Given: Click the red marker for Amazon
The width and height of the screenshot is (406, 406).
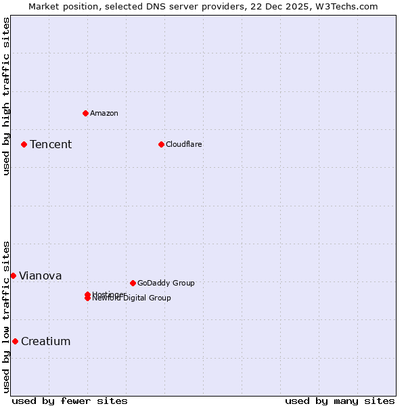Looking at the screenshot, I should (85, 113).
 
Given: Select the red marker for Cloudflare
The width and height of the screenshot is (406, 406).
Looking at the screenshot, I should (161, 144).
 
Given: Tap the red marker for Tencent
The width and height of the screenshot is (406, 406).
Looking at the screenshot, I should (24, 144).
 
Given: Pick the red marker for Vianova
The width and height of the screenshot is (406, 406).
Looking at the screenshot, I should (13, 275).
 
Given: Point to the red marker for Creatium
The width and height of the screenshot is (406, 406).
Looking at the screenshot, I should (15, 341).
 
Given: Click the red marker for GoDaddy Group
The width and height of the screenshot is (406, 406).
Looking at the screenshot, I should (133, 283).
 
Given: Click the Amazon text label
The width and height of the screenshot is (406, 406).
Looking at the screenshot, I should (104, 113).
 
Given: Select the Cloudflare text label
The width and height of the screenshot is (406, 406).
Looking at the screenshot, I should (184, 144).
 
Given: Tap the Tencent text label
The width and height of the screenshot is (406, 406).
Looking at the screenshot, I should (51, 144).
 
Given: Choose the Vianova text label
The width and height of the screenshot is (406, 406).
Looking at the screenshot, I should (41, 275).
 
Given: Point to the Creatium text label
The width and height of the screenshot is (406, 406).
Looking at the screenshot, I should (46, 341).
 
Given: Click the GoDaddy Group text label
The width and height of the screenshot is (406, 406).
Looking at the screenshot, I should (166, 283).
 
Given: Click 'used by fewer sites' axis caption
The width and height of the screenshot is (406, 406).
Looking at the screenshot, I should (70, 401).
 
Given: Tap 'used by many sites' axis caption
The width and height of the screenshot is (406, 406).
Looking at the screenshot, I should (340, 401).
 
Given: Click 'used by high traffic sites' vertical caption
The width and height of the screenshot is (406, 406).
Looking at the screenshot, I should (6, 96).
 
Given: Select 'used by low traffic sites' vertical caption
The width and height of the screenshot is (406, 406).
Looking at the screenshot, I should (6, 317).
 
